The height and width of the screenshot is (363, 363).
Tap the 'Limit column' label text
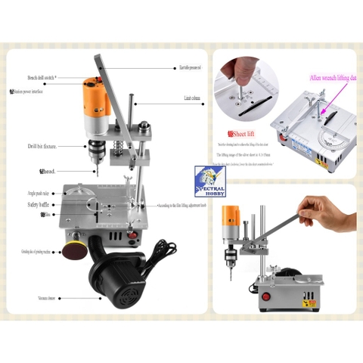point(195,98)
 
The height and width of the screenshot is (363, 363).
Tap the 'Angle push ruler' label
point(41,194)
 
